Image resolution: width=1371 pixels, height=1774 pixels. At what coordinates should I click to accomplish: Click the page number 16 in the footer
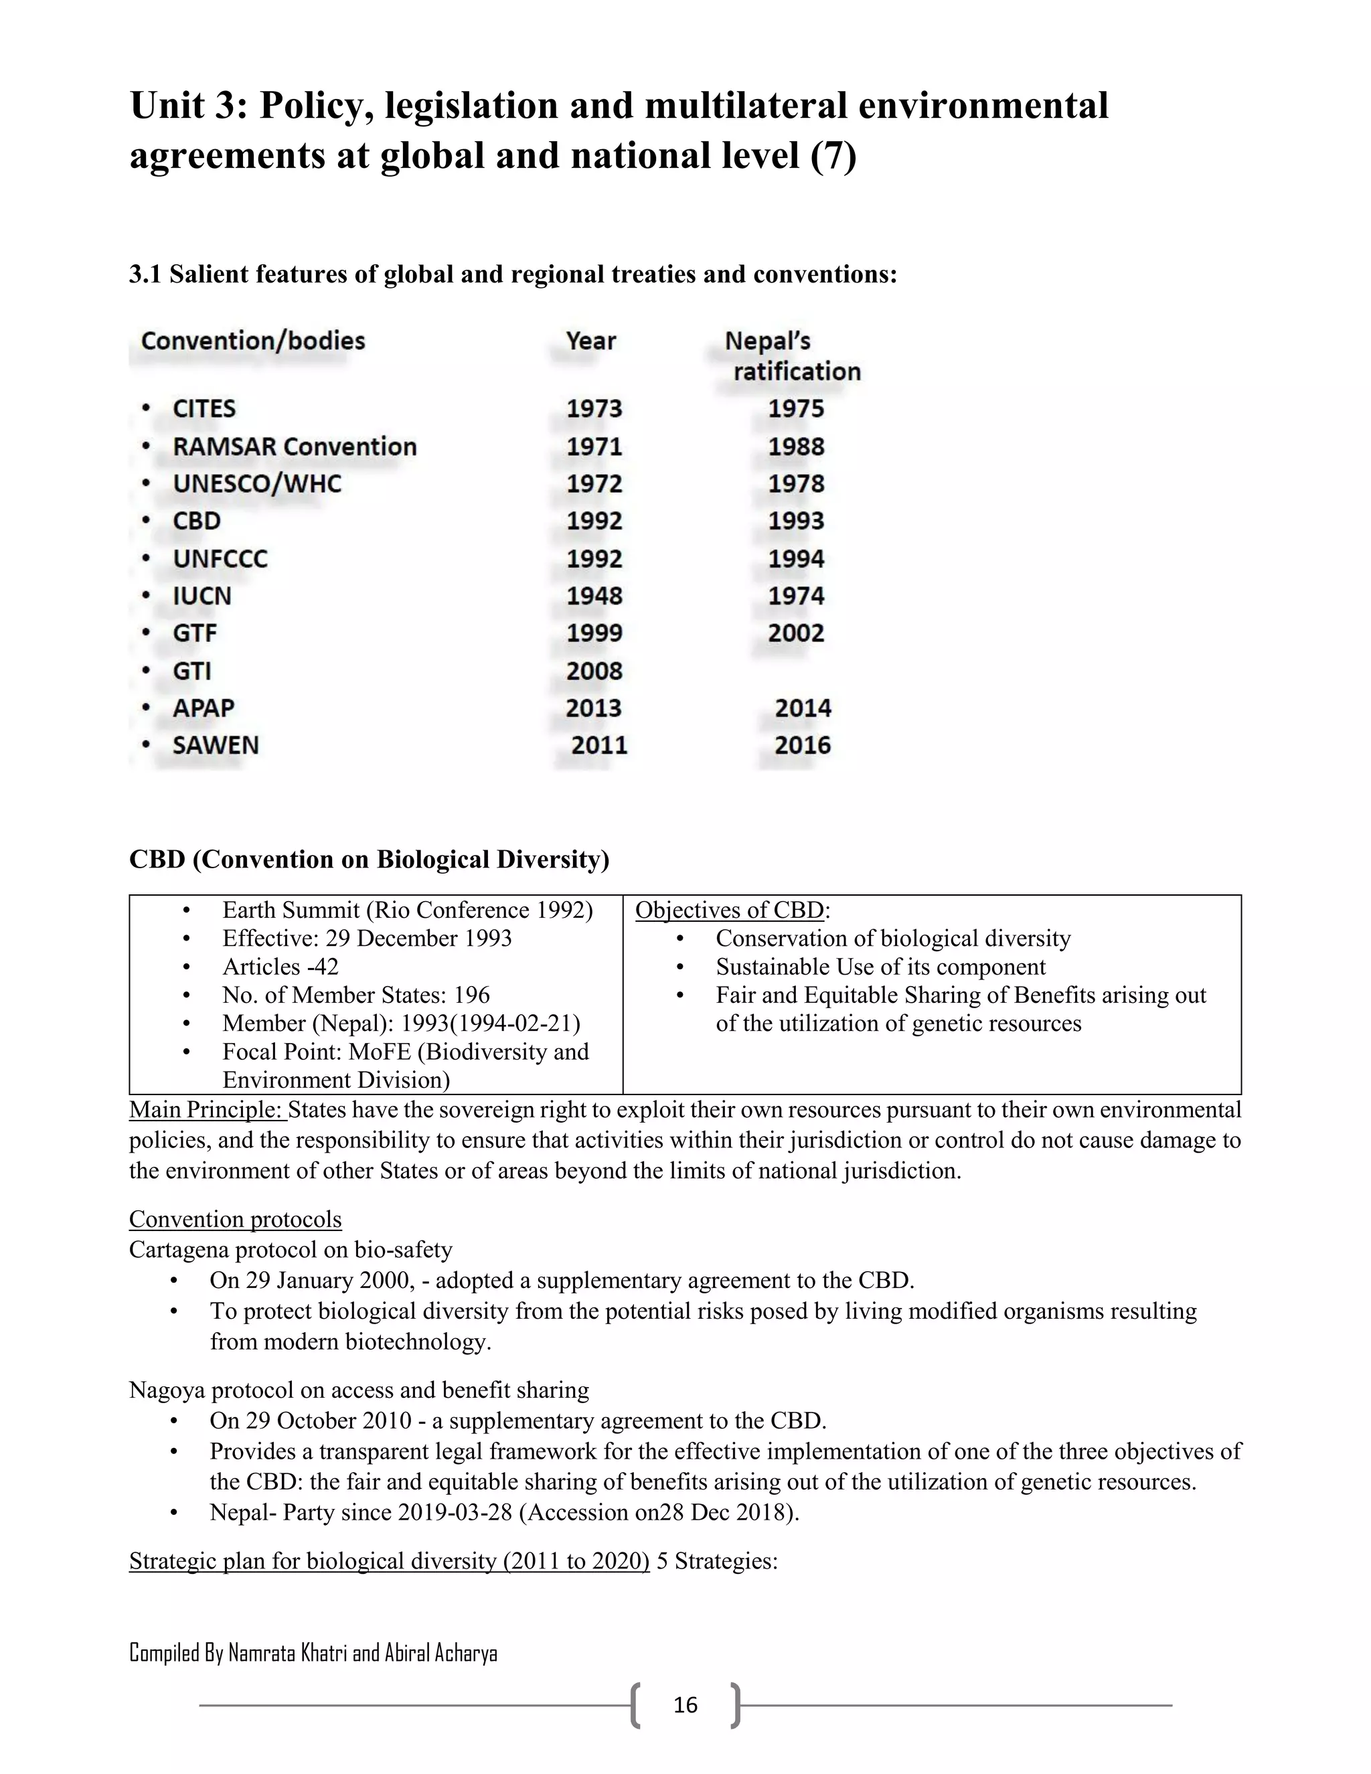click(x=685, y=1705)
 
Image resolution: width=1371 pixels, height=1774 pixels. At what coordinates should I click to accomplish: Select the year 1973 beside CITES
click(x=594, y=408)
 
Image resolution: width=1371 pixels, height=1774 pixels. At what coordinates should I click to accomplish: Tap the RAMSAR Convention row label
click(x=294, y=447)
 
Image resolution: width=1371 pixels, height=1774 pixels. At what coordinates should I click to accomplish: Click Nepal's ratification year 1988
click(x=796, y=447)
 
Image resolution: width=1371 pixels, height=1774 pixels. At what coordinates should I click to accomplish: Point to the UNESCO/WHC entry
click(x=256, y=484)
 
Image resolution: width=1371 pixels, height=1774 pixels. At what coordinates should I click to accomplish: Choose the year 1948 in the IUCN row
click(x=594, y=596)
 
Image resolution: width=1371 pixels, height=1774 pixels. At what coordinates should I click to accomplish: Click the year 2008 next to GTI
click(x=594, y=671)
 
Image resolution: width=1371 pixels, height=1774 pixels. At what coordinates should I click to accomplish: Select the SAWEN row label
click(x=216, y=746)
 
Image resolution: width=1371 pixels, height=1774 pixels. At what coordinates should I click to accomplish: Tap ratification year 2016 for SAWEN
click(x=803, y=746)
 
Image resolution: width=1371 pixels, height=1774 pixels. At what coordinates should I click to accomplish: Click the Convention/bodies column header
click(x=252, y=341)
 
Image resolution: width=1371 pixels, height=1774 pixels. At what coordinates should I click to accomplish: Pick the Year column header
click(x=590, y=341)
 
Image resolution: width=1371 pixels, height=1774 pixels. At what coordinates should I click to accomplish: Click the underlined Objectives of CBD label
click(x=730, y=910)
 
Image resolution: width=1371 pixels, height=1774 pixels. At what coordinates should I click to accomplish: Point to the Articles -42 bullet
click(x=280, y=967)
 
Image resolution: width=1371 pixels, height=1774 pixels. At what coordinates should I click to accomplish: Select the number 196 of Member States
click(x=472, y=995)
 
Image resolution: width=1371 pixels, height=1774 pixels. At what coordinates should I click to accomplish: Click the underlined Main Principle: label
click(x=207, y=1109)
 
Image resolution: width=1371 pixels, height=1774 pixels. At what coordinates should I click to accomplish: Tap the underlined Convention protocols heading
click(x=235, y=1219)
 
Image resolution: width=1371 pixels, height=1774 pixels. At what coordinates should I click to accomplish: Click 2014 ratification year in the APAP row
click(x=803, y=708)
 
